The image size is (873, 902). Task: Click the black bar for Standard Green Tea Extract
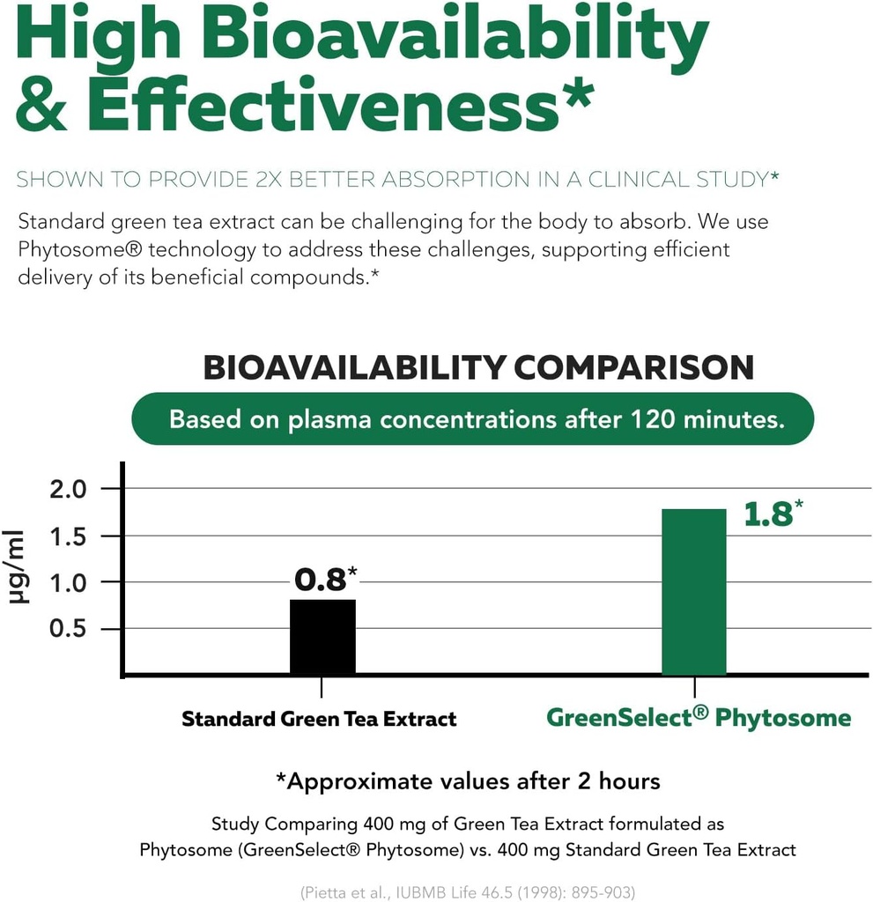pos(322,637)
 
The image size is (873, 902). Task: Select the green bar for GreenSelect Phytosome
pos(693,592)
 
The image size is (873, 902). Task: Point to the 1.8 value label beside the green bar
pos(768,515)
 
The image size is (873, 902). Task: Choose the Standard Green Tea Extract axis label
pos(319,719)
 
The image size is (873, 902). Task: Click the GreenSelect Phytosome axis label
pos(699,717)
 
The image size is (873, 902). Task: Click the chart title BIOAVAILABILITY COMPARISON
pos(478,367)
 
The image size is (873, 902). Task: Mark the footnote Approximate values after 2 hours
pos(468,781)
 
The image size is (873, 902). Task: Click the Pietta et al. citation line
pos(468,891)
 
